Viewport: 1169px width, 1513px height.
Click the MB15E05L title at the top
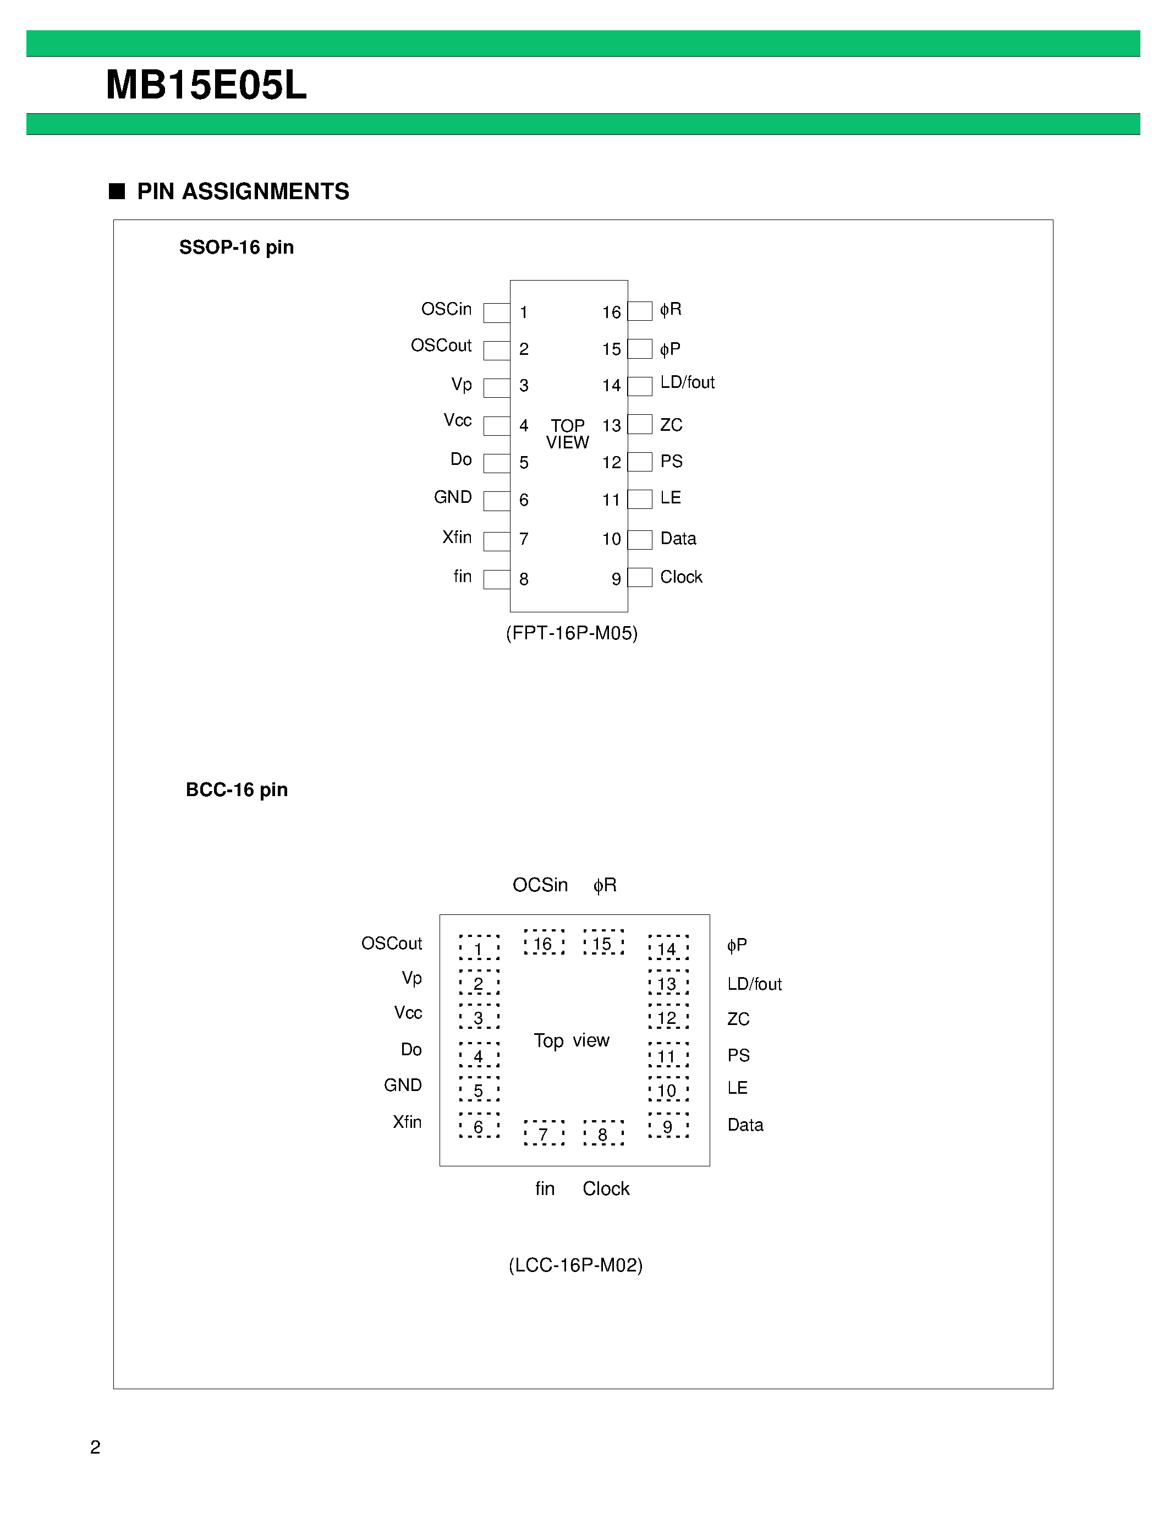point(206,86)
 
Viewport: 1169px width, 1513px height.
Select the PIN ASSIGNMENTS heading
point(243,191)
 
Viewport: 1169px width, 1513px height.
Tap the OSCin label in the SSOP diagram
point(446,309)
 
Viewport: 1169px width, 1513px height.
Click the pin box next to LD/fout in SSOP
point(640,386)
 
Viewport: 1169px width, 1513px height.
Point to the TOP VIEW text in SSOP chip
point(568,434)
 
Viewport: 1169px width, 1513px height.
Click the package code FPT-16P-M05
point(572,633)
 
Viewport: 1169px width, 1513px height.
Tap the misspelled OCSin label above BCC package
point(540,885)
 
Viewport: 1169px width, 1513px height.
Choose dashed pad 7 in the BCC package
point(544,1133)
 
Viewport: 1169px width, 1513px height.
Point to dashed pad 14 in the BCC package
point(668,949)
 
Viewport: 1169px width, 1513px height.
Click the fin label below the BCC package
point(545,1189)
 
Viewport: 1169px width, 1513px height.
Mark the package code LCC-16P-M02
point(575,1265)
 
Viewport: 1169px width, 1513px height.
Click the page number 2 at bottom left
point(96,1447)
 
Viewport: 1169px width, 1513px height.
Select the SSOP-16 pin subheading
point(236,248)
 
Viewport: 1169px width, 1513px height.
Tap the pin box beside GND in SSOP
point(497,500)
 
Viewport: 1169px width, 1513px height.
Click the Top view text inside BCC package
point(572,1040)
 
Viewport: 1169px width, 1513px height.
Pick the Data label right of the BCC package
point(745,1125)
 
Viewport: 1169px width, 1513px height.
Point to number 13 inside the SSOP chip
point(612,425)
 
